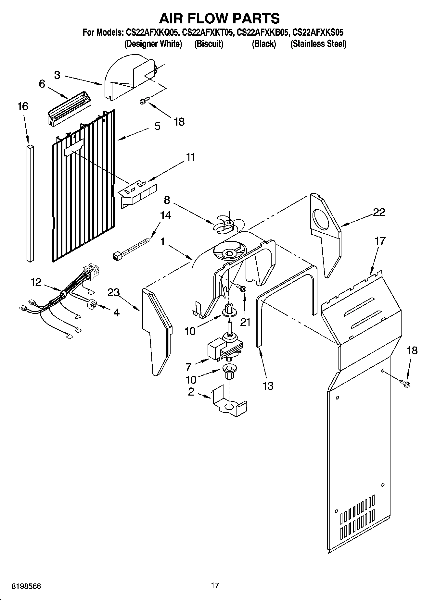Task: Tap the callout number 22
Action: [x=379, y=212]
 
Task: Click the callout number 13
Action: [x=268, y=386]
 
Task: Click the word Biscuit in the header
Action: [x=209, y=44]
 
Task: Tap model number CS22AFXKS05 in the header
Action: [x=318, y=32]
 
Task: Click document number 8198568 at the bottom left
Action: [x=26, y=586]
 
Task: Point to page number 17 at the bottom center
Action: [x=215, y=585]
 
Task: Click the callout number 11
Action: [x=191, y=157]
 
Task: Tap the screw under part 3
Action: [x=144, y=101]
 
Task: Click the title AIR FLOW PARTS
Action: [x=219, y=18]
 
